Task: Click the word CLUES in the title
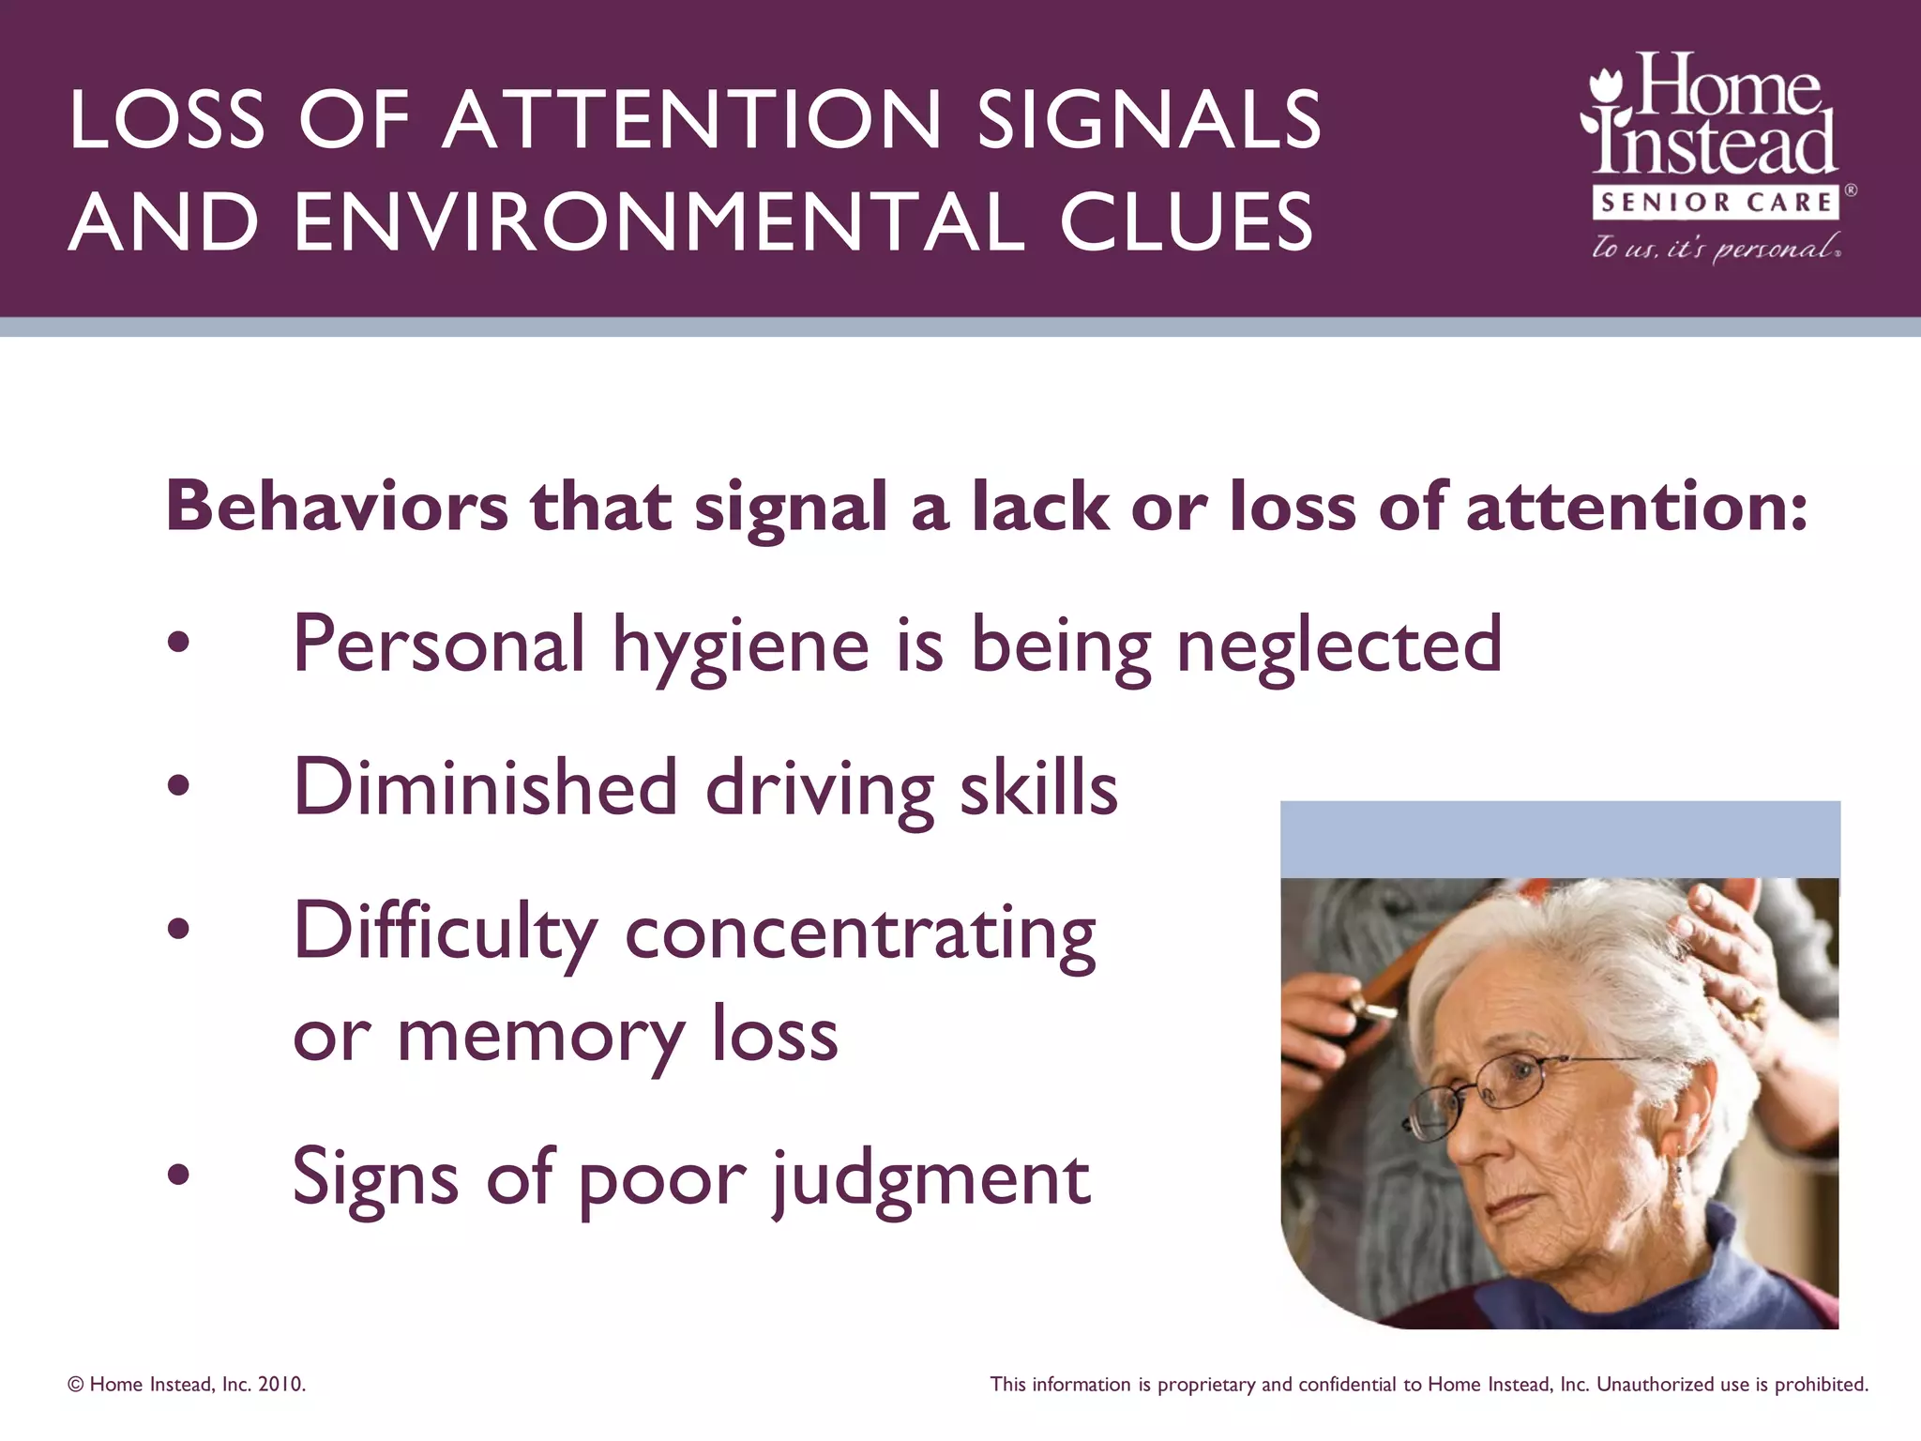click(1186, 222)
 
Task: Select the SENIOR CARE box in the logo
click(1716, 203)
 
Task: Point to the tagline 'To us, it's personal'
click(1716, 247)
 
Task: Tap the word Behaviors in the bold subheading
click(337, 506)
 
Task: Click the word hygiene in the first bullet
click(741, 647)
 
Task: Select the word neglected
click(1339, 647)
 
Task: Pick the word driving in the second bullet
click(819, 789)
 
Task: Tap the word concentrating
click(859, 933)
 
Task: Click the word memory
click(539, 1037)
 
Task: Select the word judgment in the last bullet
click(930, 1180)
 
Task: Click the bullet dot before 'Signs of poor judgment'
click(178, 1174)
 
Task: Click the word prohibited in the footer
click(1821, 1385)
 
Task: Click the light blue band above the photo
click(1559, 839)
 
